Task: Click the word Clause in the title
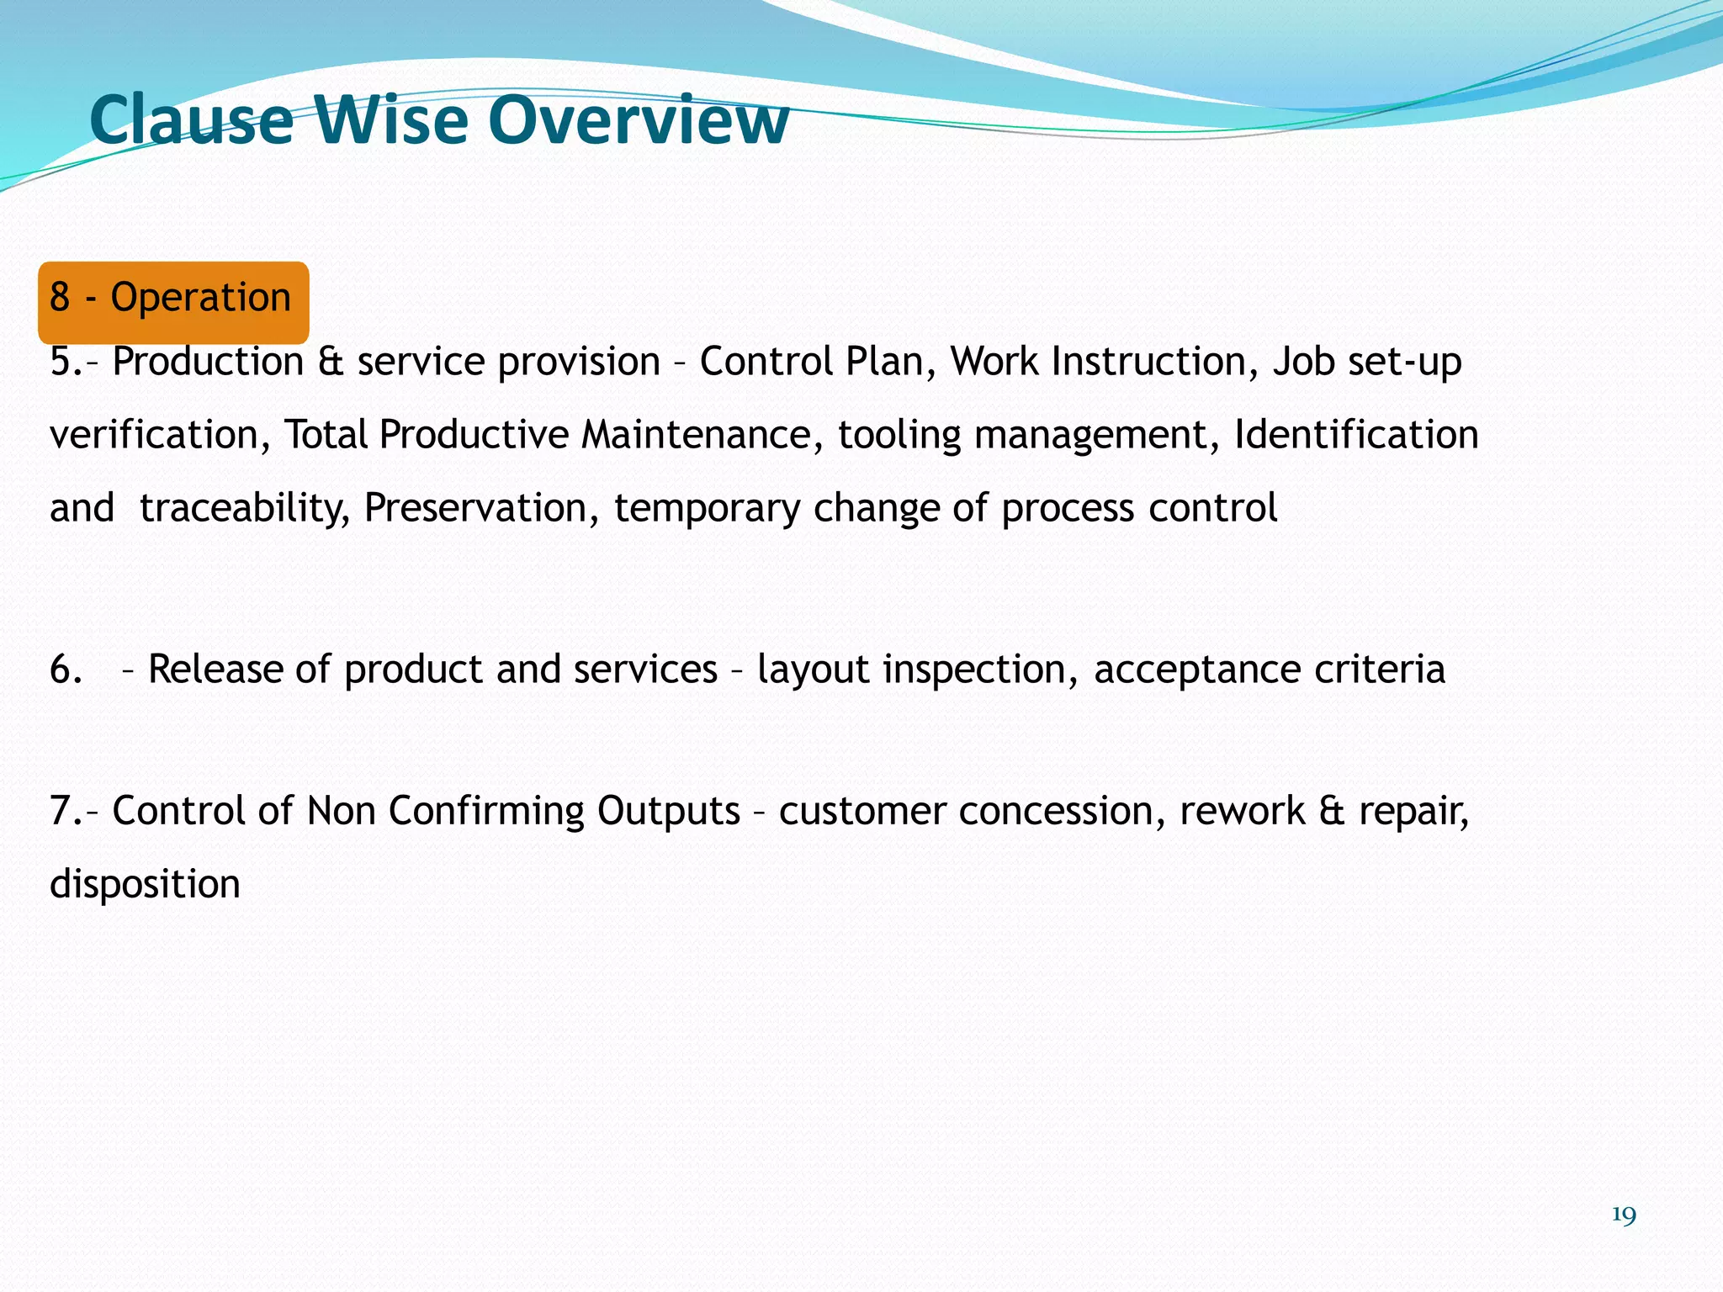(191, 120)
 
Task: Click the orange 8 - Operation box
(173, 301)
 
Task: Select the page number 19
(1624, 1215)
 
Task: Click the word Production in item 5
(208, 363)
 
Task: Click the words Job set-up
(1367, 363)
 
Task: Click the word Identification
(1355, 436)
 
